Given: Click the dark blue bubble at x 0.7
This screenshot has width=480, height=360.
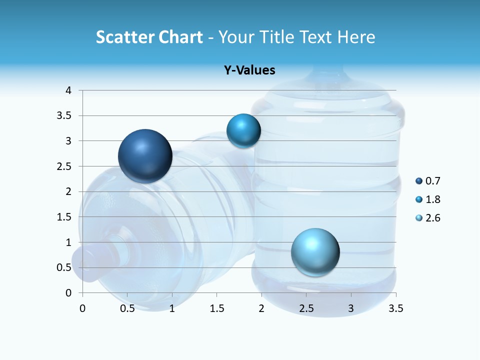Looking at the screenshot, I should coord(145,156).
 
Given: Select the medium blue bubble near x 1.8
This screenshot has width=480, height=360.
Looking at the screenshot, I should coord(243,131).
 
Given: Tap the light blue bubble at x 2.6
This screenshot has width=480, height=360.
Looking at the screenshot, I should coord(315,252).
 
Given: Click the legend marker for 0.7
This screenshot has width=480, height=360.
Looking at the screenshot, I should coord(419,181).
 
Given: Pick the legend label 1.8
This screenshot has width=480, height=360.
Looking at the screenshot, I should coord(433,199).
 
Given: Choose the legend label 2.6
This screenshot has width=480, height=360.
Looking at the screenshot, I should coord(433,218).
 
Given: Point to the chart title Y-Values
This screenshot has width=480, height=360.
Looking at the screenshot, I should coord(249,70).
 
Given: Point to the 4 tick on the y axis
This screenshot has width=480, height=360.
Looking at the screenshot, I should coord(68,90).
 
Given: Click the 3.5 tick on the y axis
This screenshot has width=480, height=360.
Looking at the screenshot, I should coord(65,115).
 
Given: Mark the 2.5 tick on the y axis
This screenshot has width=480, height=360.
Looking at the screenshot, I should coord(65,166).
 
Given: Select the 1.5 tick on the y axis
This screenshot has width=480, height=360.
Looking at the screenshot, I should coord(65,217).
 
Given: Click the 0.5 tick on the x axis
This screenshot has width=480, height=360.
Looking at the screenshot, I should coord(127,308).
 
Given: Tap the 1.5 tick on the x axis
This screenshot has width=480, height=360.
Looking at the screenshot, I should coord(217,308).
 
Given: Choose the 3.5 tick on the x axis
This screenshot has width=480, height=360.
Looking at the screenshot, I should coord(395,308).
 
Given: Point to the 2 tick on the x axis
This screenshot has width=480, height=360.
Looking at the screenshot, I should coord(261,308).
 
